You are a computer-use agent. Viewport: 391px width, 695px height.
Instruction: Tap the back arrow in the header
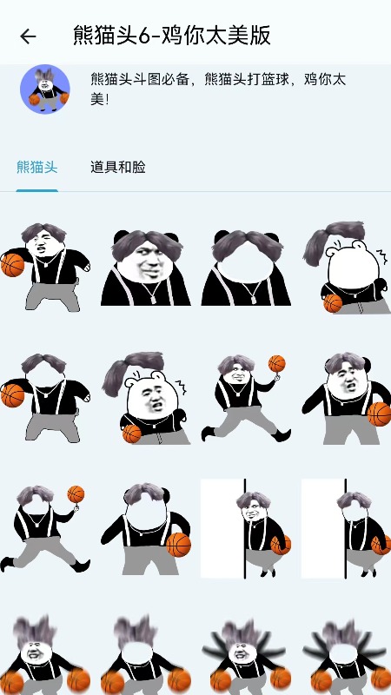click(x=28, y=36)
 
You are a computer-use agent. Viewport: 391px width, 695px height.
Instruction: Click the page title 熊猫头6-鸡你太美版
click(x=172, y=36)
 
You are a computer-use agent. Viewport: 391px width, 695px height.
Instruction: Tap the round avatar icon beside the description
click(x=45, y=89)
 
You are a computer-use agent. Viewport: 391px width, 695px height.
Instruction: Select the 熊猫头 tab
click(x=37, y=167)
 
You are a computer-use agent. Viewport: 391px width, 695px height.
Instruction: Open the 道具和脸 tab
click(x=118, y=167)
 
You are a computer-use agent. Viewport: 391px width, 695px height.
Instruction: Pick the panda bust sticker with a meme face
click(x=146, y=267)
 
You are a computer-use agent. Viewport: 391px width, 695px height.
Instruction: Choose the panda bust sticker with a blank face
click(x=246, y=267)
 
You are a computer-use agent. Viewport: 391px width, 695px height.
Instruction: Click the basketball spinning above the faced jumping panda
click(x=276, y=363)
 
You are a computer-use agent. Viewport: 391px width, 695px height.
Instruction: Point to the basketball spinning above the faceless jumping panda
click(x=76, y=494)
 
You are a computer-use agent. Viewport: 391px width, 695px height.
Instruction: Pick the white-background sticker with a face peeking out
click(x=246, y=528)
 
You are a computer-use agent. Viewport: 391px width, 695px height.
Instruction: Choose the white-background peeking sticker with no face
click(x=346, y=528)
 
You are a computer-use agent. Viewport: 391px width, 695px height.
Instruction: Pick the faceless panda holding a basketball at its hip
click(x=146, y=528)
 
